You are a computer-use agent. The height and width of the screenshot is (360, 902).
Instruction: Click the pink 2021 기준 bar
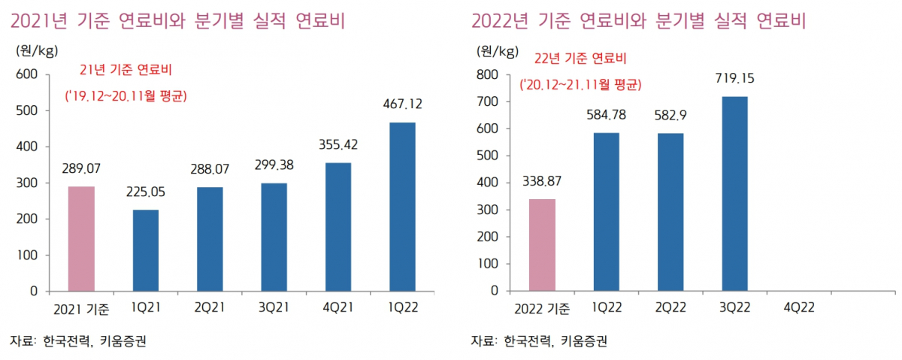coord(81,238)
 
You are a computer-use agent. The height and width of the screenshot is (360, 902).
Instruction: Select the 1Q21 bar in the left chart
coord(146,250)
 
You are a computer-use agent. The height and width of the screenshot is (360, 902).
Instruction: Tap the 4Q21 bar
coord(338,226)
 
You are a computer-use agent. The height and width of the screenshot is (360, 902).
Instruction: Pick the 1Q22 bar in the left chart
coord(402,206)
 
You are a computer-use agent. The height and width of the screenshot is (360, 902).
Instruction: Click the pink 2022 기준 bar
coord(542,244)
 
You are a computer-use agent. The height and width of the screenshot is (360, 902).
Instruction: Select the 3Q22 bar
coord(734,193)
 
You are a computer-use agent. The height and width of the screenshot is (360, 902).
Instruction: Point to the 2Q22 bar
coord(670,211)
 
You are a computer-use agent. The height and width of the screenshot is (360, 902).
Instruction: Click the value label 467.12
coord(402,106)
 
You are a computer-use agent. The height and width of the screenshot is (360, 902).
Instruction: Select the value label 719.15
coord(734,78)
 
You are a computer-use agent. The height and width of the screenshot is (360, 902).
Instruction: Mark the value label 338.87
coord(542,182)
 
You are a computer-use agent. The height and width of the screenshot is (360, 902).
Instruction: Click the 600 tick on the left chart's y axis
coord(27,74)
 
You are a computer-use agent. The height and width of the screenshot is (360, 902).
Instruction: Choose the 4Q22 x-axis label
coord(798,308)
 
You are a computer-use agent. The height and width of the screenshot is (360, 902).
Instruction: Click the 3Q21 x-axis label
coord(274,308)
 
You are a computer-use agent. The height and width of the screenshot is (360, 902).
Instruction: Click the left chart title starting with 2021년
coord(177,20)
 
